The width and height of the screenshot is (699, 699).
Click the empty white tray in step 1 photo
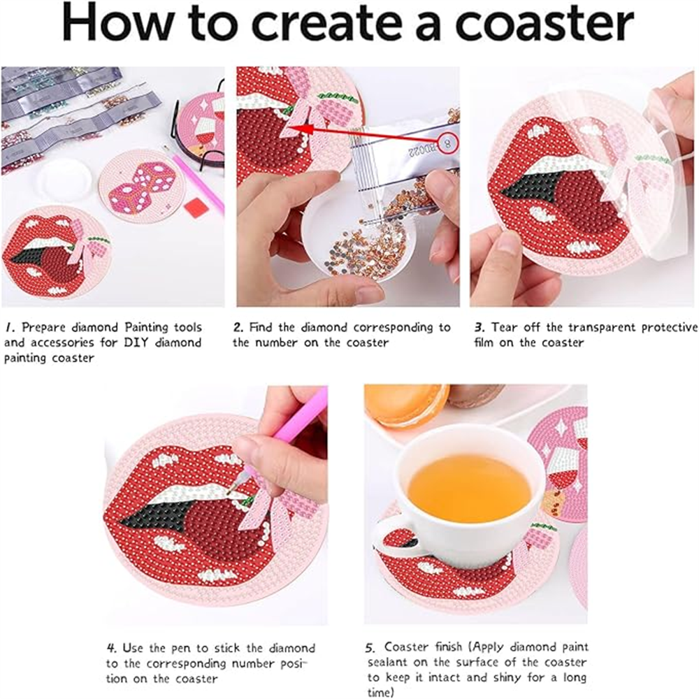click(64, 180)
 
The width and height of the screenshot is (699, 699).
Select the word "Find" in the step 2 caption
click(263, 327)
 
